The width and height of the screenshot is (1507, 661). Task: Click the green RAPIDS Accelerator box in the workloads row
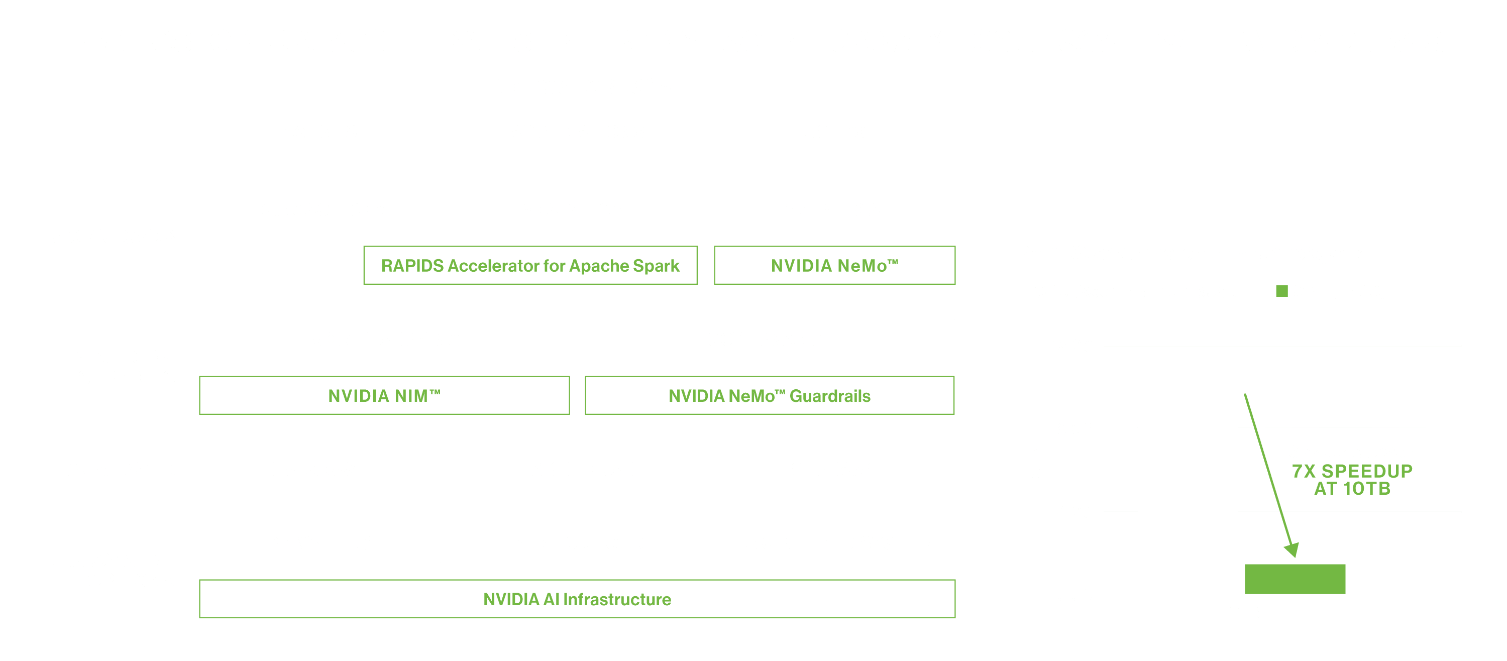pyautogui.click(x=530, y=266)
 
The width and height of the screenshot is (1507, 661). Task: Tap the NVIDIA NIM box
pyautogui.click(x=384, y=395)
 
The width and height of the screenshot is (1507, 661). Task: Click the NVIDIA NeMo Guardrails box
pyautogui.click(x=769, y=395)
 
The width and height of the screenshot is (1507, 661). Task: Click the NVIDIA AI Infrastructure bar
pyautogui.click(x=577, y=599)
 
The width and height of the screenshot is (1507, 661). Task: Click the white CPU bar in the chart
pyautogui.click(x=1188, y=494)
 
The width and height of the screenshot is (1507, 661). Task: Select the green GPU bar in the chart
pyautogui.click(x=1295, y=579)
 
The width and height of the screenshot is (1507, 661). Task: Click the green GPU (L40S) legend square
pyautogui.click(x=1281, y=291)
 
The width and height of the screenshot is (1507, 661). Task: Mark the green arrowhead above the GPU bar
pyautogui.click(x=1291, y=549)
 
